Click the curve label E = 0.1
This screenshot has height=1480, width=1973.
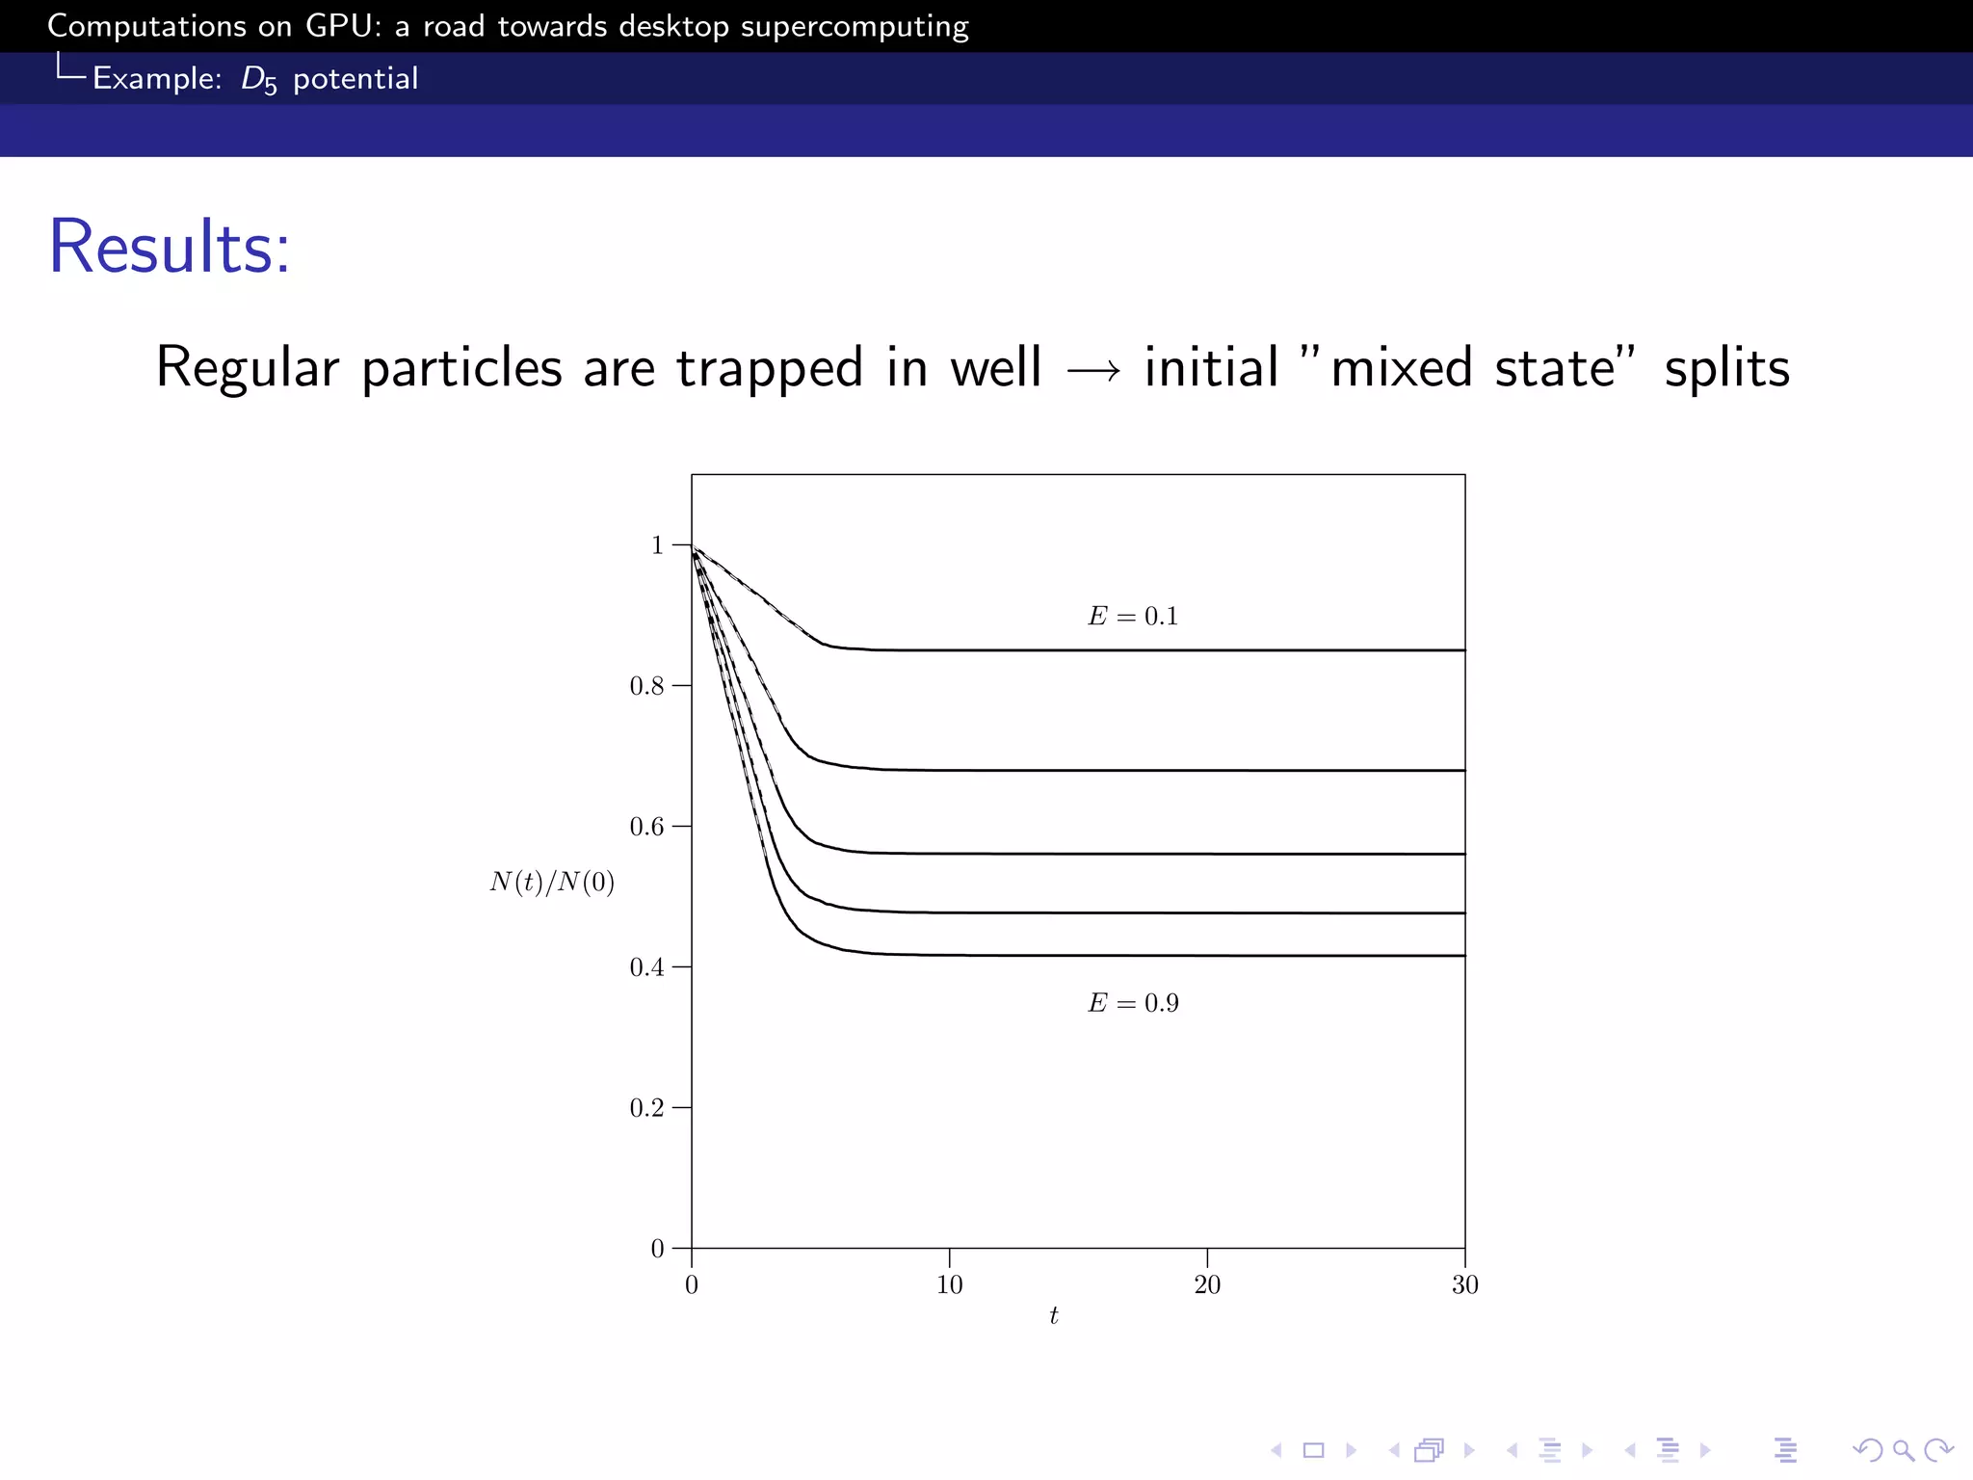1133,617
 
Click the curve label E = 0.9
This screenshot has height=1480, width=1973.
1133,1004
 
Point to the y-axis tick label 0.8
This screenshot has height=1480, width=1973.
646,686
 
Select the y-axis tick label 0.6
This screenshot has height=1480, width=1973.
646,827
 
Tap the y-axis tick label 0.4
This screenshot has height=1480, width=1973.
646,967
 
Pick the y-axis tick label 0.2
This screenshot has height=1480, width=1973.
646,1108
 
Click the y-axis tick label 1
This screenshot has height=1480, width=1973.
658,545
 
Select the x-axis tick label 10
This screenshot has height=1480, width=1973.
949,1285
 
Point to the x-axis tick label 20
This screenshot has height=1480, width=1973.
1207,1285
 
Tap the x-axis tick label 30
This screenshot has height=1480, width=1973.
1465,1285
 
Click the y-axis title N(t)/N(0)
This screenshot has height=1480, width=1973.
552,883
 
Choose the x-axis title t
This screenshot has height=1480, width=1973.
1054,1316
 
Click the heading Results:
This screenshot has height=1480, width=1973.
170,248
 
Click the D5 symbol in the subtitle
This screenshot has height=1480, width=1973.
258,80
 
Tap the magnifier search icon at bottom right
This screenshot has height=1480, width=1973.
1904,1450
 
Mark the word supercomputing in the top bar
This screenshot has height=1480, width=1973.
855,27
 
